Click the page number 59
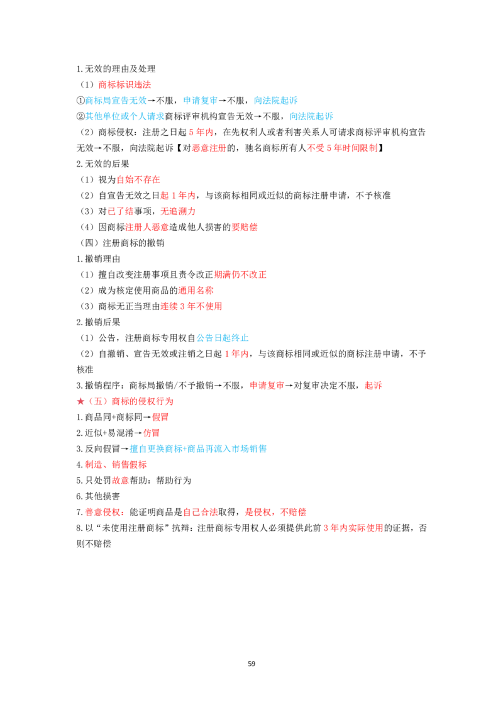[x=251, y=664]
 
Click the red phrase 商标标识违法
[x=124, y=84]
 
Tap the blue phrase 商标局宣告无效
[x=116, y=101]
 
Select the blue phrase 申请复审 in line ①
[x=200, y=101]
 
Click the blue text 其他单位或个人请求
[x=125, y=116]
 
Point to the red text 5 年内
[x=201, y=132]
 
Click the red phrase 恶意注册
[x=209, y=148]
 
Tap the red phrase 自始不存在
[x=138, y=180]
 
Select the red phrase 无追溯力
[x=178, y=211]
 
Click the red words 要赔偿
[x=244, y=227]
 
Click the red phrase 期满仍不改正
[x=240, y=275]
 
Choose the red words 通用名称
[x=196, y=291]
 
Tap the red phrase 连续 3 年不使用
[x=191, y=306]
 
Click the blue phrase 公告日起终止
[x=223, y=338]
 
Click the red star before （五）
[x=81, y=401]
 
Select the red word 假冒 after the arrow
[x=160, y=417]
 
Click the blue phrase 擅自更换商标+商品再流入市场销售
[x=198, y=449]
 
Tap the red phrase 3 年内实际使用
[x=353, y=528]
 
